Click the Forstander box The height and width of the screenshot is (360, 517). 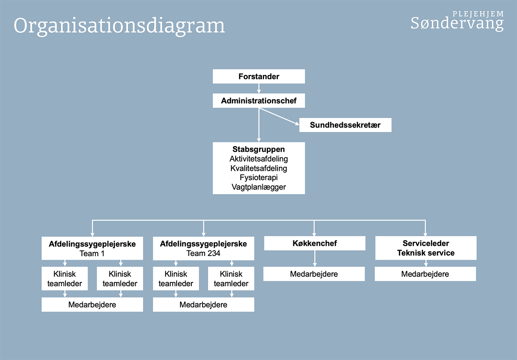tap(259, 76)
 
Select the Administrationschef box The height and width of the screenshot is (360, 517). tap(259, 100)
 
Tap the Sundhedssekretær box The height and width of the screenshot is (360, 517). tap(345, 125)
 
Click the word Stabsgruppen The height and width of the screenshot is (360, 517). tap(258, 149)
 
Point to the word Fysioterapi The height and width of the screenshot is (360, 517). tap(258, 177)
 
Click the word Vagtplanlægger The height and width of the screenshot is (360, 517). tap(258, 187)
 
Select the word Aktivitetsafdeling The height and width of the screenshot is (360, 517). tap(258, 159)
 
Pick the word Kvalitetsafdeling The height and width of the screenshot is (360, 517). tap(258, 168)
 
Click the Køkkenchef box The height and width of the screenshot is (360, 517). tap(315, 243)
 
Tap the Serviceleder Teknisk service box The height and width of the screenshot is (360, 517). tap(426, 248)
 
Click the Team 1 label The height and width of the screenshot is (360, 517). tap(92, 254)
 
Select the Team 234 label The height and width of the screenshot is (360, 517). tap(203, 254)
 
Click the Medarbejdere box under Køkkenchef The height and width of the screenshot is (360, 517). tap(314, 274)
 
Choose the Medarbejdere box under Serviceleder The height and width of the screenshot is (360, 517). tap(425, 274)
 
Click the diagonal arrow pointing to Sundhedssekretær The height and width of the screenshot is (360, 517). tap(279, 116)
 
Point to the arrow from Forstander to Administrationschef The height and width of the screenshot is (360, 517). tap(259, 88)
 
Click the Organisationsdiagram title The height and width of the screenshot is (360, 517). tap(119, 26)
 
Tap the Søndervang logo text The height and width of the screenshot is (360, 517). tap(457, 23)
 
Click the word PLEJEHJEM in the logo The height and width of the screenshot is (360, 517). tap(478, 14)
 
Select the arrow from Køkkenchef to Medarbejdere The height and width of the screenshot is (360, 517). tap(315, 259)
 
